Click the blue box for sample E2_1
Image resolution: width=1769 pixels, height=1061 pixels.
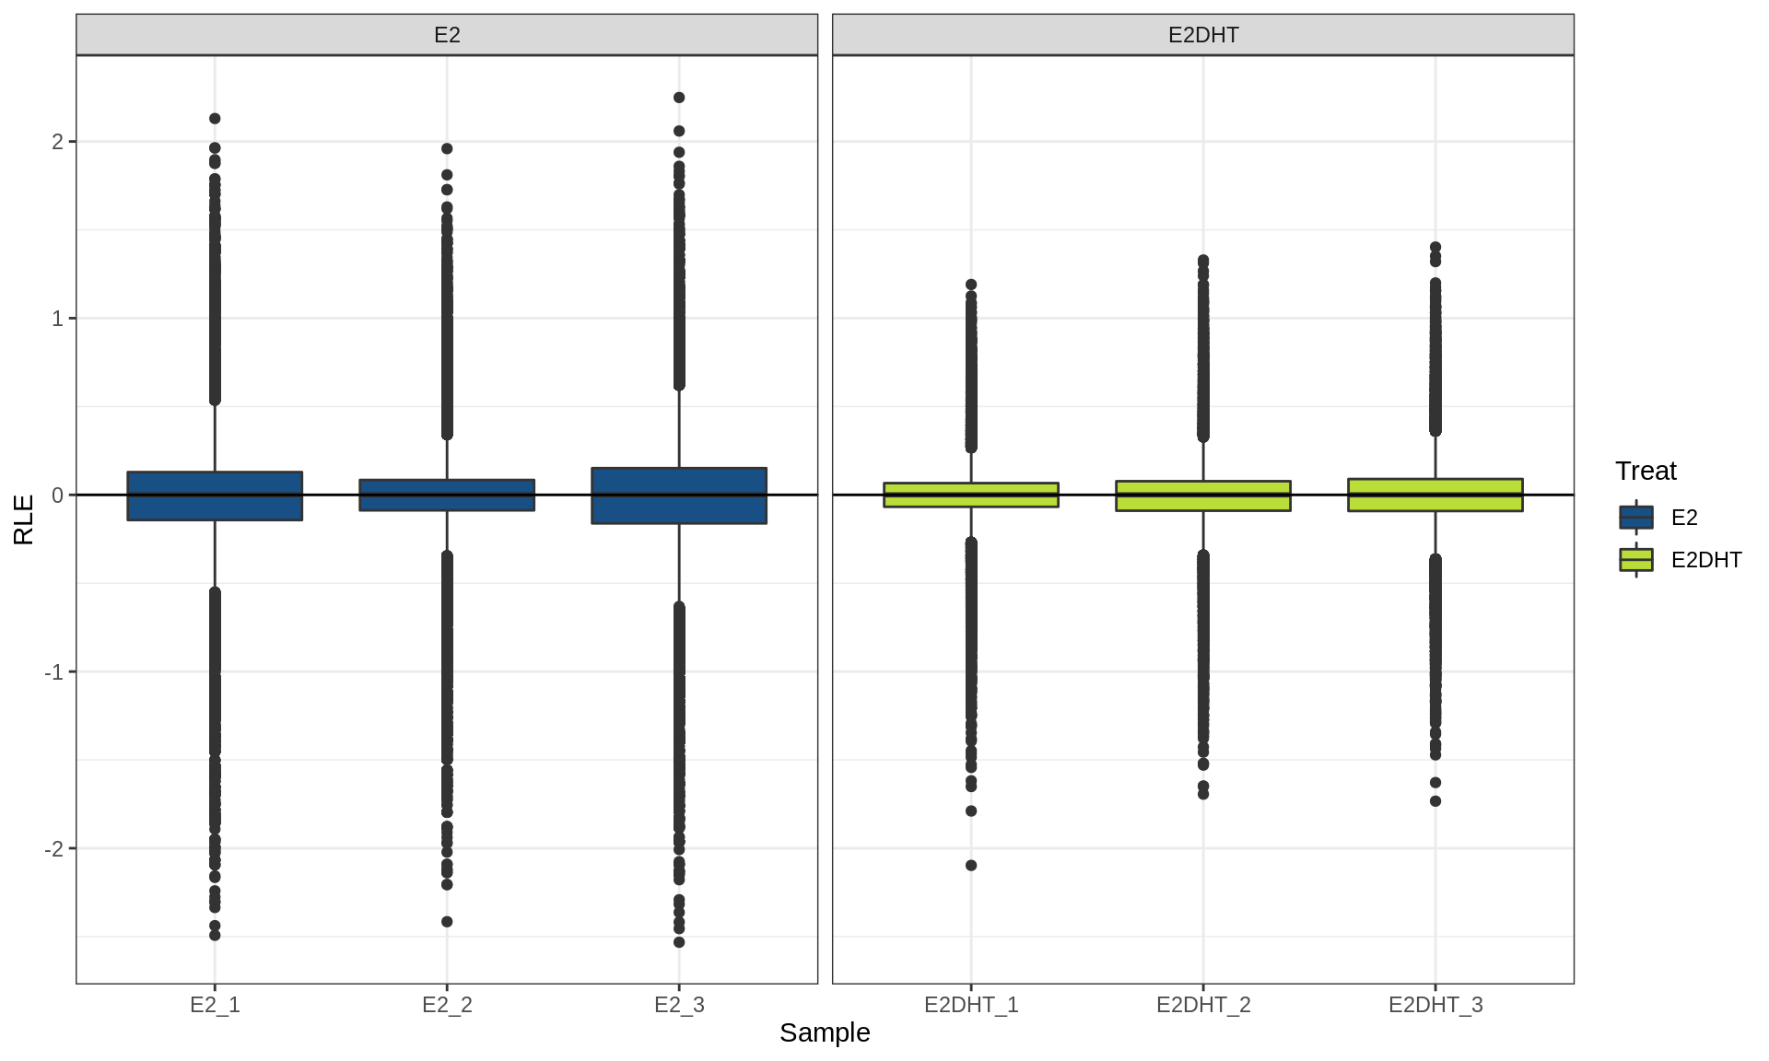point(215,496)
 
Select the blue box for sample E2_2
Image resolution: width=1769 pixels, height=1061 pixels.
point(447,495)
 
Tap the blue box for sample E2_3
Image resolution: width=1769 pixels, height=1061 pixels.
point(679,496)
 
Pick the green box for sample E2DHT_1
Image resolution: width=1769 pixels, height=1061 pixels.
point(971,495)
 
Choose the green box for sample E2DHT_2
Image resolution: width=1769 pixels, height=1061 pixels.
point(1203,496)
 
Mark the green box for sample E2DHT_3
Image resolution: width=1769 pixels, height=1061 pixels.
point(1435,495)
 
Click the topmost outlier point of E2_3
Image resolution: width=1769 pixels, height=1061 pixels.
point(679,98)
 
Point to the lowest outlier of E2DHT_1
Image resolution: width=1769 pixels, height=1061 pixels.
point(971,866)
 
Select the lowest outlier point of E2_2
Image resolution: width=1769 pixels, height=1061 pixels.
point(447,922)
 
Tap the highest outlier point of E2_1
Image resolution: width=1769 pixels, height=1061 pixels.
point(215,119)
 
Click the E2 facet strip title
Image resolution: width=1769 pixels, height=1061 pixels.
point(447,35)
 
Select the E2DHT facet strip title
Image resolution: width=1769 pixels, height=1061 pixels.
point(1203,35)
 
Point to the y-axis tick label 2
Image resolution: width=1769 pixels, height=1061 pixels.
point(58,142)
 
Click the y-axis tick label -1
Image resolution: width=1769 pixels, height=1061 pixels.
point(54,672)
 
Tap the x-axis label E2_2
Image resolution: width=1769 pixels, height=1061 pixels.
point(447,1005)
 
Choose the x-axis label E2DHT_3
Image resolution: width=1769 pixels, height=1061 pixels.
point(1435,1005)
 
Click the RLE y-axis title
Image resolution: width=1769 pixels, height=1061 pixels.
point(24,519)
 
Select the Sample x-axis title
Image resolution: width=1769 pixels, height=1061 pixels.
point(825,1033)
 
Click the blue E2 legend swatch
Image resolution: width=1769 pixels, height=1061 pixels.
point(1636,518)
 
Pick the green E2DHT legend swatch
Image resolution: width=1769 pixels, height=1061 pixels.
point(1636,560)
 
